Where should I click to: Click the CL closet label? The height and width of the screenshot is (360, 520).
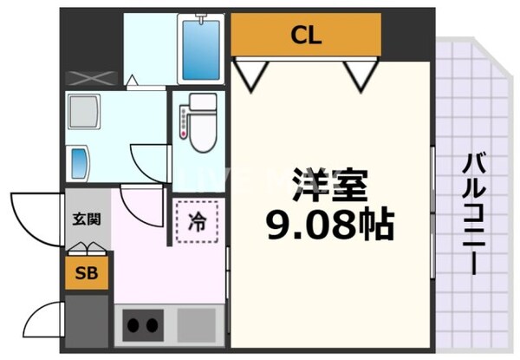[x=306, y=36]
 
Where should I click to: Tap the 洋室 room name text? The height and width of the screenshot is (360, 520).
[x=330, y=186]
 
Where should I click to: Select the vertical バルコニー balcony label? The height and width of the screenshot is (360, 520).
[x=472, y=213]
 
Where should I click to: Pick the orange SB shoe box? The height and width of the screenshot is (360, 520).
[x=86, y=274]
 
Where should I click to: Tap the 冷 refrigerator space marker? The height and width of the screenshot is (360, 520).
[x=198, y=221]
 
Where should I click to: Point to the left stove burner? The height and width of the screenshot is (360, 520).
[x=135, y=326]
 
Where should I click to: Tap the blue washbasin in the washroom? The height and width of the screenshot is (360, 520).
[x=79, y=162]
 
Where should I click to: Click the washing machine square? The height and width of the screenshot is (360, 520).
[x=85, y=111]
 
